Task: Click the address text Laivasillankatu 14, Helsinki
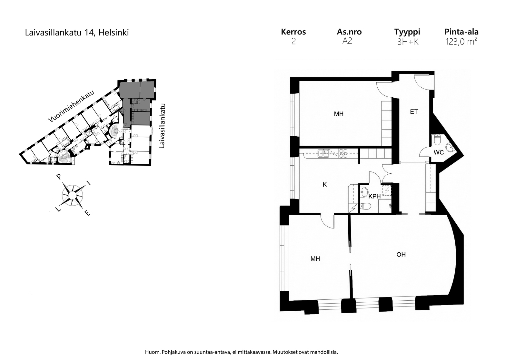tap(77, 33)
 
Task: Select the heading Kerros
tap(293, 32)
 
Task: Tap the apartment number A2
tap(347, 41)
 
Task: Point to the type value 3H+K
tap(408, 42)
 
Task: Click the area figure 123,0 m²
tap(461, 42)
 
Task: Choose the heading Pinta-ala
tap(461, 32)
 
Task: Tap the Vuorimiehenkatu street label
tap(71, 106)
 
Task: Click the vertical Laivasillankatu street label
tap(162, 126)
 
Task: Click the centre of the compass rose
tap(72, 195)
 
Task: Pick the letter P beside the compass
tap(59, 177)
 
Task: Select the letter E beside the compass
tap(87, 213)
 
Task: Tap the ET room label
tap(414, 112)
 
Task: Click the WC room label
tap(439, 152)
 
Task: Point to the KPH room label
tap(374, 196)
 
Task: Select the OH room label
tap(401, 254)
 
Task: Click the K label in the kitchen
tap(325, 185)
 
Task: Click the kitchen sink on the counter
tap(323, 153)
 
